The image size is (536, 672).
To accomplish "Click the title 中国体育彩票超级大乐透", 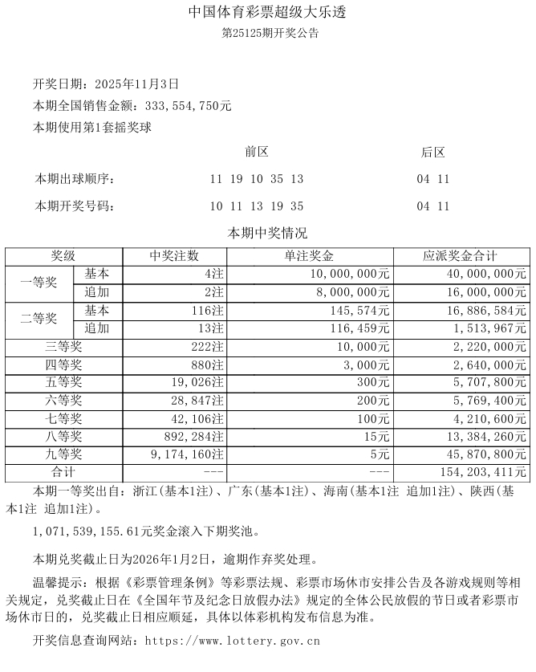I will click(x=268, y=14).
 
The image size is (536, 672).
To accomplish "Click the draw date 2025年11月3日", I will click(x=136, y=83).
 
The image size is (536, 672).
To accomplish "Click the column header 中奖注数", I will click(x=174, y=256).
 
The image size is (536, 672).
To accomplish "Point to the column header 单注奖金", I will click(x=311, y=256).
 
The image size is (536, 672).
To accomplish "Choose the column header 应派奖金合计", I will click(x=460, y=256).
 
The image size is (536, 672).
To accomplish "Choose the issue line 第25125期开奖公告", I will click(x=268, y=34).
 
